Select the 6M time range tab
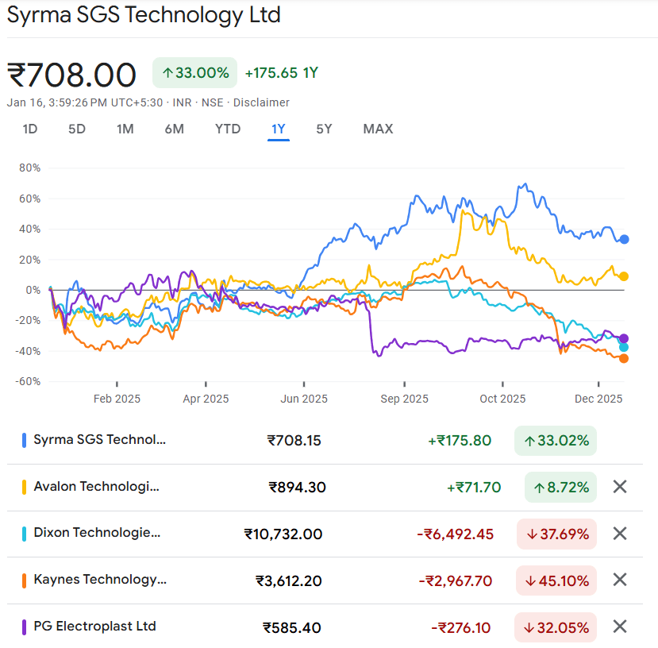point(174,129)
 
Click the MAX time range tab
point(378,129)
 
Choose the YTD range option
point(228,129)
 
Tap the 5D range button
point(77,129)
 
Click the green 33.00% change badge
point(195,73)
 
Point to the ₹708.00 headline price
point(72,75)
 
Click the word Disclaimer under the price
point(261,102)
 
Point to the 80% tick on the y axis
point(29,168)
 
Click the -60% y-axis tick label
point(28,381)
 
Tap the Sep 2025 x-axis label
point(404,399)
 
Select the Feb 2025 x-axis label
point(117,399)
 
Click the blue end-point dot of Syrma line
point(624,239)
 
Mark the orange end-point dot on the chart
point(624,358)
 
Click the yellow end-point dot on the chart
point(624,276)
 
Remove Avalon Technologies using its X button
point(620,487)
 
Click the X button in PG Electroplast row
point(620,627)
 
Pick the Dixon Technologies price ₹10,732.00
point(283,534)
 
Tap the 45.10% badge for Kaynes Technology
point(556,580)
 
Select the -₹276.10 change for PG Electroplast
point(460,627)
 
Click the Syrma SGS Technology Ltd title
point(144,14)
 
